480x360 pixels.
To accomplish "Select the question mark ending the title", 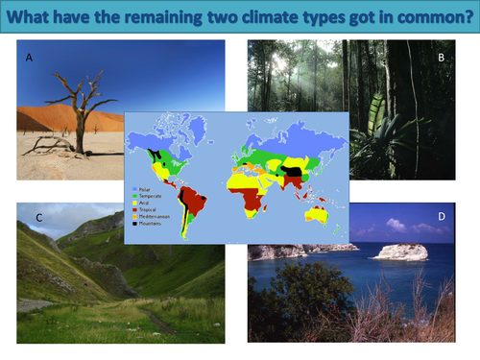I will [464, 16].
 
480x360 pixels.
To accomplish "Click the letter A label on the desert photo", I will [29, 58].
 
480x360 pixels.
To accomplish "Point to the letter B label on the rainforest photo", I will [439, 57].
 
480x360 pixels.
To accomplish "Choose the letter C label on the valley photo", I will [38, 218].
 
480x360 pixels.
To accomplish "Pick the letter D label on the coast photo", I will [441, 217].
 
